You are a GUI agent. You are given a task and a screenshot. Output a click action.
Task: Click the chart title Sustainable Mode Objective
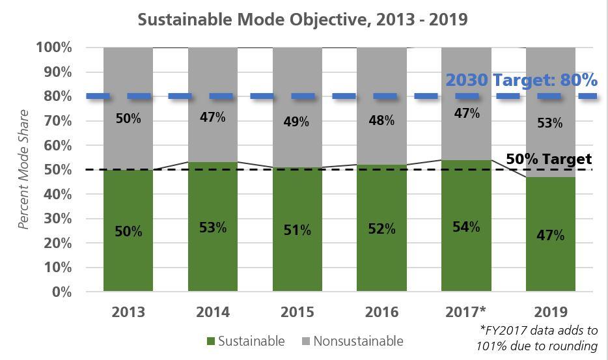click(303, 19)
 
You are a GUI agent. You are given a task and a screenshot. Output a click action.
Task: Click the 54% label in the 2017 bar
click(466, 227)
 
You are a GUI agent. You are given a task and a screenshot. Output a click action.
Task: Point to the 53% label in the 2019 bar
click(550, 122)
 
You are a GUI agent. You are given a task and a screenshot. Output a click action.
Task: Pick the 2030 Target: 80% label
click(521, 80)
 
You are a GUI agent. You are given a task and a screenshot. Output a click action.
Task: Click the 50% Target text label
click(549, 159)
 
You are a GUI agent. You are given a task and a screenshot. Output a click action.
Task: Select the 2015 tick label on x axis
click(297, 312)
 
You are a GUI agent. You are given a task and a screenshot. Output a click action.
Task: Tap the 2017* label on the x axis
click(466, 312)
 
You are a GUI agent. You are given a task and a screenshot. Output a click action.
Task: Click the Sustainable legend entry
click(245, 341)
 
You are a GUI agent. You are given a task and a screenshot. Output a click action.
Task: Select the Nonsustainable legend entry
click(352, 341)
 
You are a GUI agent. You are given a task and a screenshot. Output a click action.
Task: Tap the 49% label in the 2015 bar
click(297, 121)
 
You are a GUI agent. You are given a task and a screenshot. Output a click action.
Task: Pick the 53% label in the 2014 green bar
click(212, 227)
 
